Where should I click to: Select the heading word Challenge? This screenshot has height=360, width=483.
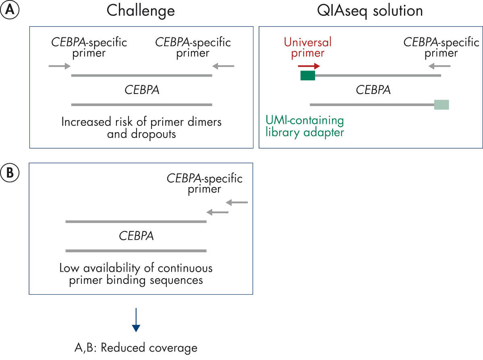point(141,10)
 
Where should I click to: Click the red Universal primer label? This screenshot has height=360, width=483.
point(308,47)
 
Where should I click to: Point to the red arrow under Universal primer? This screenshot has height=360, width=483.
point(309,66)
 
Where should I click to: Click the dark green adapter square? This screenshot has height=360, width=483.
point(308,75)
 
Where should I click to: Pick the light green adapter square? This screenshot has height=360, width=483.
point(442,105)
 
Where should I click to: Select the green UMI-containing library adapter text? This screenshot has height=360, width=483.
point(305,126)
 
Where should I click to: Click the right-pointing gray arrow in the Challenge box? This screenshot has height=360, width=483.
point(59,66)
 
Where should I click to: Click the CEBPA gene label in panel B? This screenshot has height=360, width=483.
point(136,236)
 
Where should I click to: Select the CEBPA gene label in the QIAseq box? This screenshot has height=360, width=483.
point(373,89)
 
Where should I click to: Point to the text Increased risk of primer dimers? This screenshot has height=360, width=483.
point(141,122)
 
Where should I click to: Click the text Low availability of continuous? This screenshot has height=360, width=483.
point(136,268)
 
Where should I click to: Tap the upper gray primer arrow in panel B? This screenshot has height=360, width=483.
point(237,202)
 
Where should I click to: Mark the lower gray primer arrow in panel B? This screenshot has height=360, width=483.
point(218,212)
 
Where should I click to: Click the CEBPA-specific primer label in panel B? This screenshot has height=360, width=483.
point(205,183)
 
